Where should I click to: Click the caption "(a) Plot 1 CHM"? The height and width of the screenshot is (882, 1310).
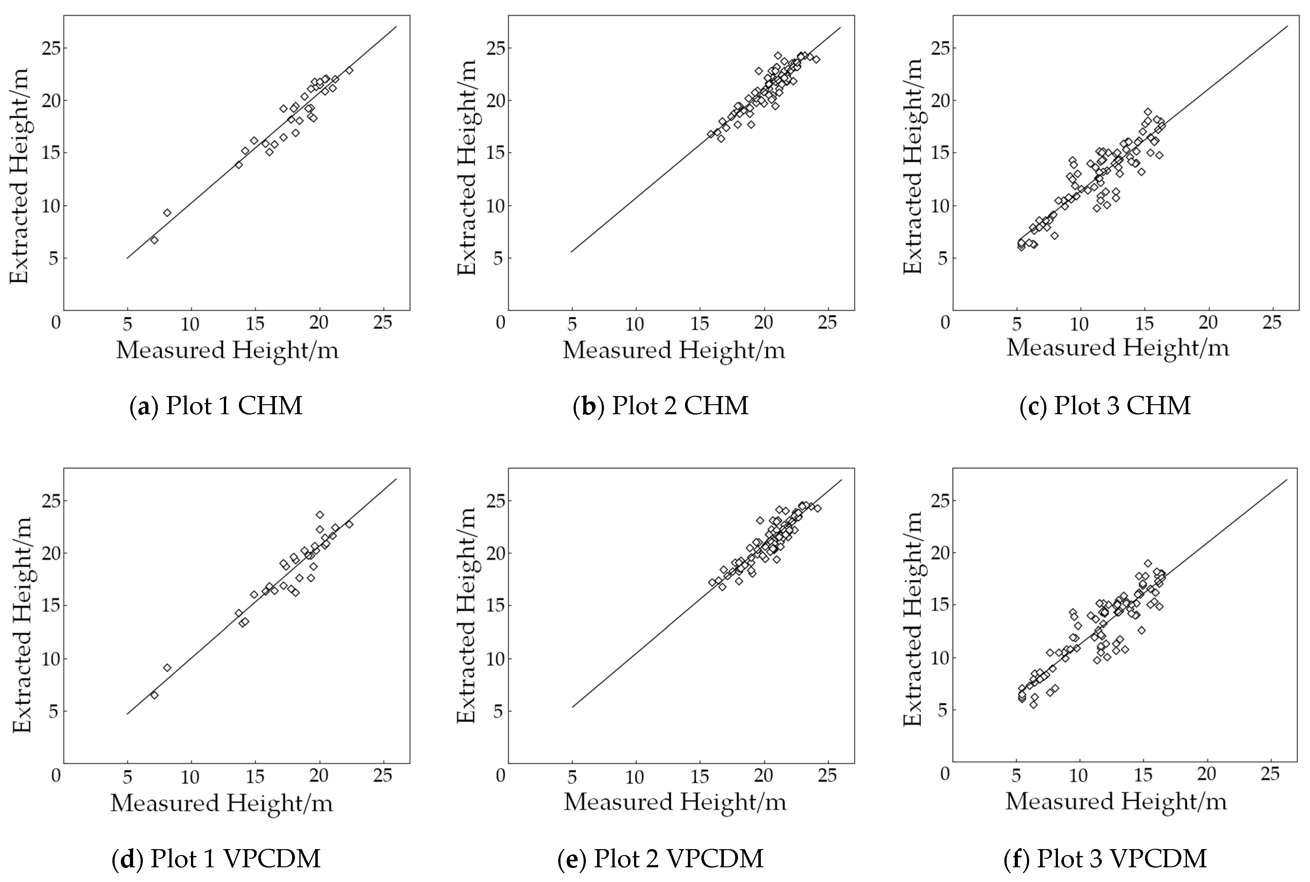click(x=216, y=405)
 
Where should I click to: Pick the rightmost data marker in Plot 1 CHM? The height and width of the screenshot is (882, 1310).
click(x=349, y=71)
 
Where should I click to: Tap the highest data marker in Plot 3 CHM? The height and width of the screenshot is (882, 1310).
click(x=1148, y=112)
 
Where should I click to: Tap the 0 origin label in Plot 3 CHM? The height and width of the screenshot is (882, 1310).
click(x=945, y=323)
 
